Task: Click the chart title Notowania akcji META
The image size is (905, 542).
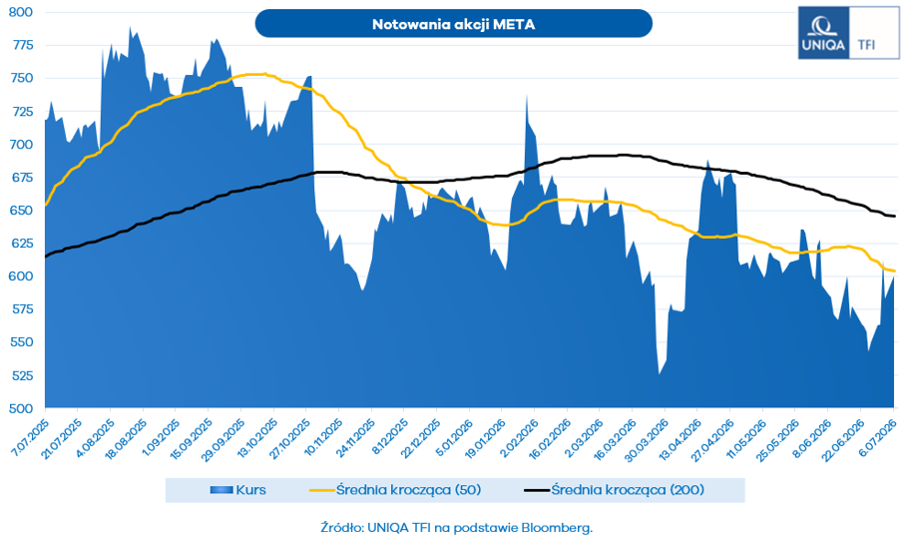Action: [x=453, y=24]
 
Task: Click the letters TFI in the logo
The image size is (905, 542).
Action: [x=866, y=45]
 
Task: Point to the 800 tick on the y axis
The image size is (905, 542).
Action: [x=21, y=12]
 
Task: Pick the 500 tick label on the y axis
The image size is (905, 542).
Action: [x=21, y=408]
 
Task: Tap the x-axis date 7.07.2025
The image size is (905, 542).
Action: [x=30, y=438]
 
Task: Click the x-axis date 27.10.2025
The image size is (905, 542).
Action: [x=289, y=438]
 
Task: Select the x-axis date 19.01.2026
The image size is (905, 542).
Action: [x=485, y=438]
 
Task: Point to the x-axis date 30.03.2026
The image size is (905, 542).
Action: [x=648, y=438]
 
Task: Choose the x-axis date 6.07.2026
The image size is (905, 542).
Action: [x=878, y=438]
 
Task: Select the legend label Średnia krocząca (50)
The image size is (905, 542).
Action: [x=409, y=490]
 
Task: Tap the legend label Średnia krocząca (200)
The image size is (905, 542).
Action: [x=628, y=490]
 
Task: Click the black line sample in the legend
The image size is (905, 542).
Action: [x=536, y=490]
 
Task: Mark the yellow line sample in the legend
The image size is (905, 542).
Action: [x=322, y=490]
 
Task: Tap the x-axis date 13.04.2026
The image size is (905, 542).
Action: [x=680, y=438]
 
